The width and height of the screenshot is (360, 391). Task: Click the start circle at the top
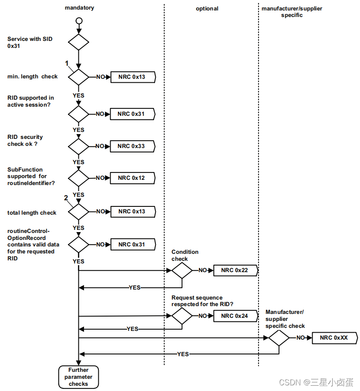[79, 20]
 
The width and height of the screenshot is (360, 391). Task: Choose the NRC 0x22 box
[236, 270]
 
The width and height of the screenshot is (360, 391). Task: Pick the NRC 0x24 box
[236, 316]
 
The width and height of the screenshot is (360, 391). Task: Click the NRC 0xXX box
[334, 337]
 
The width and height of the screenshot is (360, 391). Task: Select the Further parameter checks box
[78, 377]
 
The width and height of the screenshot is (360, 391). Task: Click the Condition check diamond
[182, 270]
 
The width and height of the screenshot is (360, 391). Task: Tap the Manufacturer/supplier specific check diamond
[279, 337]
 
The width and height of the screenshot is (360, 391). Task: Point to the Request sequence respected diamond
[182, 316]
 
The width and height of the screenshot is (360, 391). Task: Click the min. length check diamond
[79, 77]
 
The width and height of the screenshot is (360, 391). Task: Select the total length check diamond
[79, 212]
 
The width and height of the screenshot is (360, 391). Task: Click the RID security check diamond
[79, 146]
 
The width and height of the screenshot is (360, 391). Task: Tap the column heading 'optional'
[207, 8]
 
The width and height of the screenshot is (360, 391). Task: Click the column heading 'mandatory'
[79, 8]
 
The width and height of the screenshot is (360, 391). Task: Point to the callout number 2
[66, 198]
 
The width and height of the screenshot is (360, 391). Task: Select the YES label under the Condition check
[135, 288]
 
